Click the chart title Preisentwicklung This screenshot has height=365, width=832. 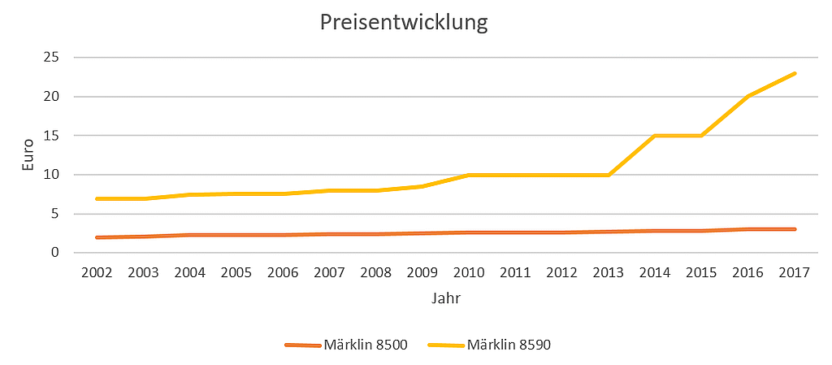click(x=404, y=22)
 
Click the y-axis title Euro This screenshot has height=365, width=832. click(x=28, y=154)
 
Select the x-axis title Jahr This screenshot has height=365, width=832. click(x=446, y=298)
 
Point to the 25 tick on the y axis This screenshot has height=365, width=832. click(x=51, y=58)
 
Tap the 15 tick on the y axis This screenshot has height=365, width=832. click(x=51, y=136)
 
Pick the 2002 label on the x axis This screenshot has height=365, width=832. click(x=97, y=272)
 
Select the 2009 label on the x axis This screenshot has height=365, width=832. click(x=422, y=272)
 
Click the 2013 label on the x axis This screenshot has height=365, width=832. click(x=609, y=272)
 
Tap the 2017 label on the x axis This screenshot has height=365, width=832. click(x=794, y=272)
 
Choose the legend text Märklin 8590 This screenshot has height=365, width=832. click(x=509, y=345)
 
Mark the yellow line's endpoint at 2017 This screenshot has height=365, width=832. click(x=794, y=73)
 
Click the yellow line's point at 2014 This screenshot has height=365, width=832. click(x=655, y=136)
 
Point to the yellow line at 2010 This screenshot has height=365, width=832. click(x=469, y=175)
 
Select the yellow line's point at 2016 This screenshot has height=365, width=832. click(x=747, y=97)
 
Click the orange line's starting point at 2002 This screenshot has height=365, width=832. click(x=97, y=237)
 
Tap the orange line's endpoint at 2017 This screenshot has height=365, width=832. click(x=794, y=229)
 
